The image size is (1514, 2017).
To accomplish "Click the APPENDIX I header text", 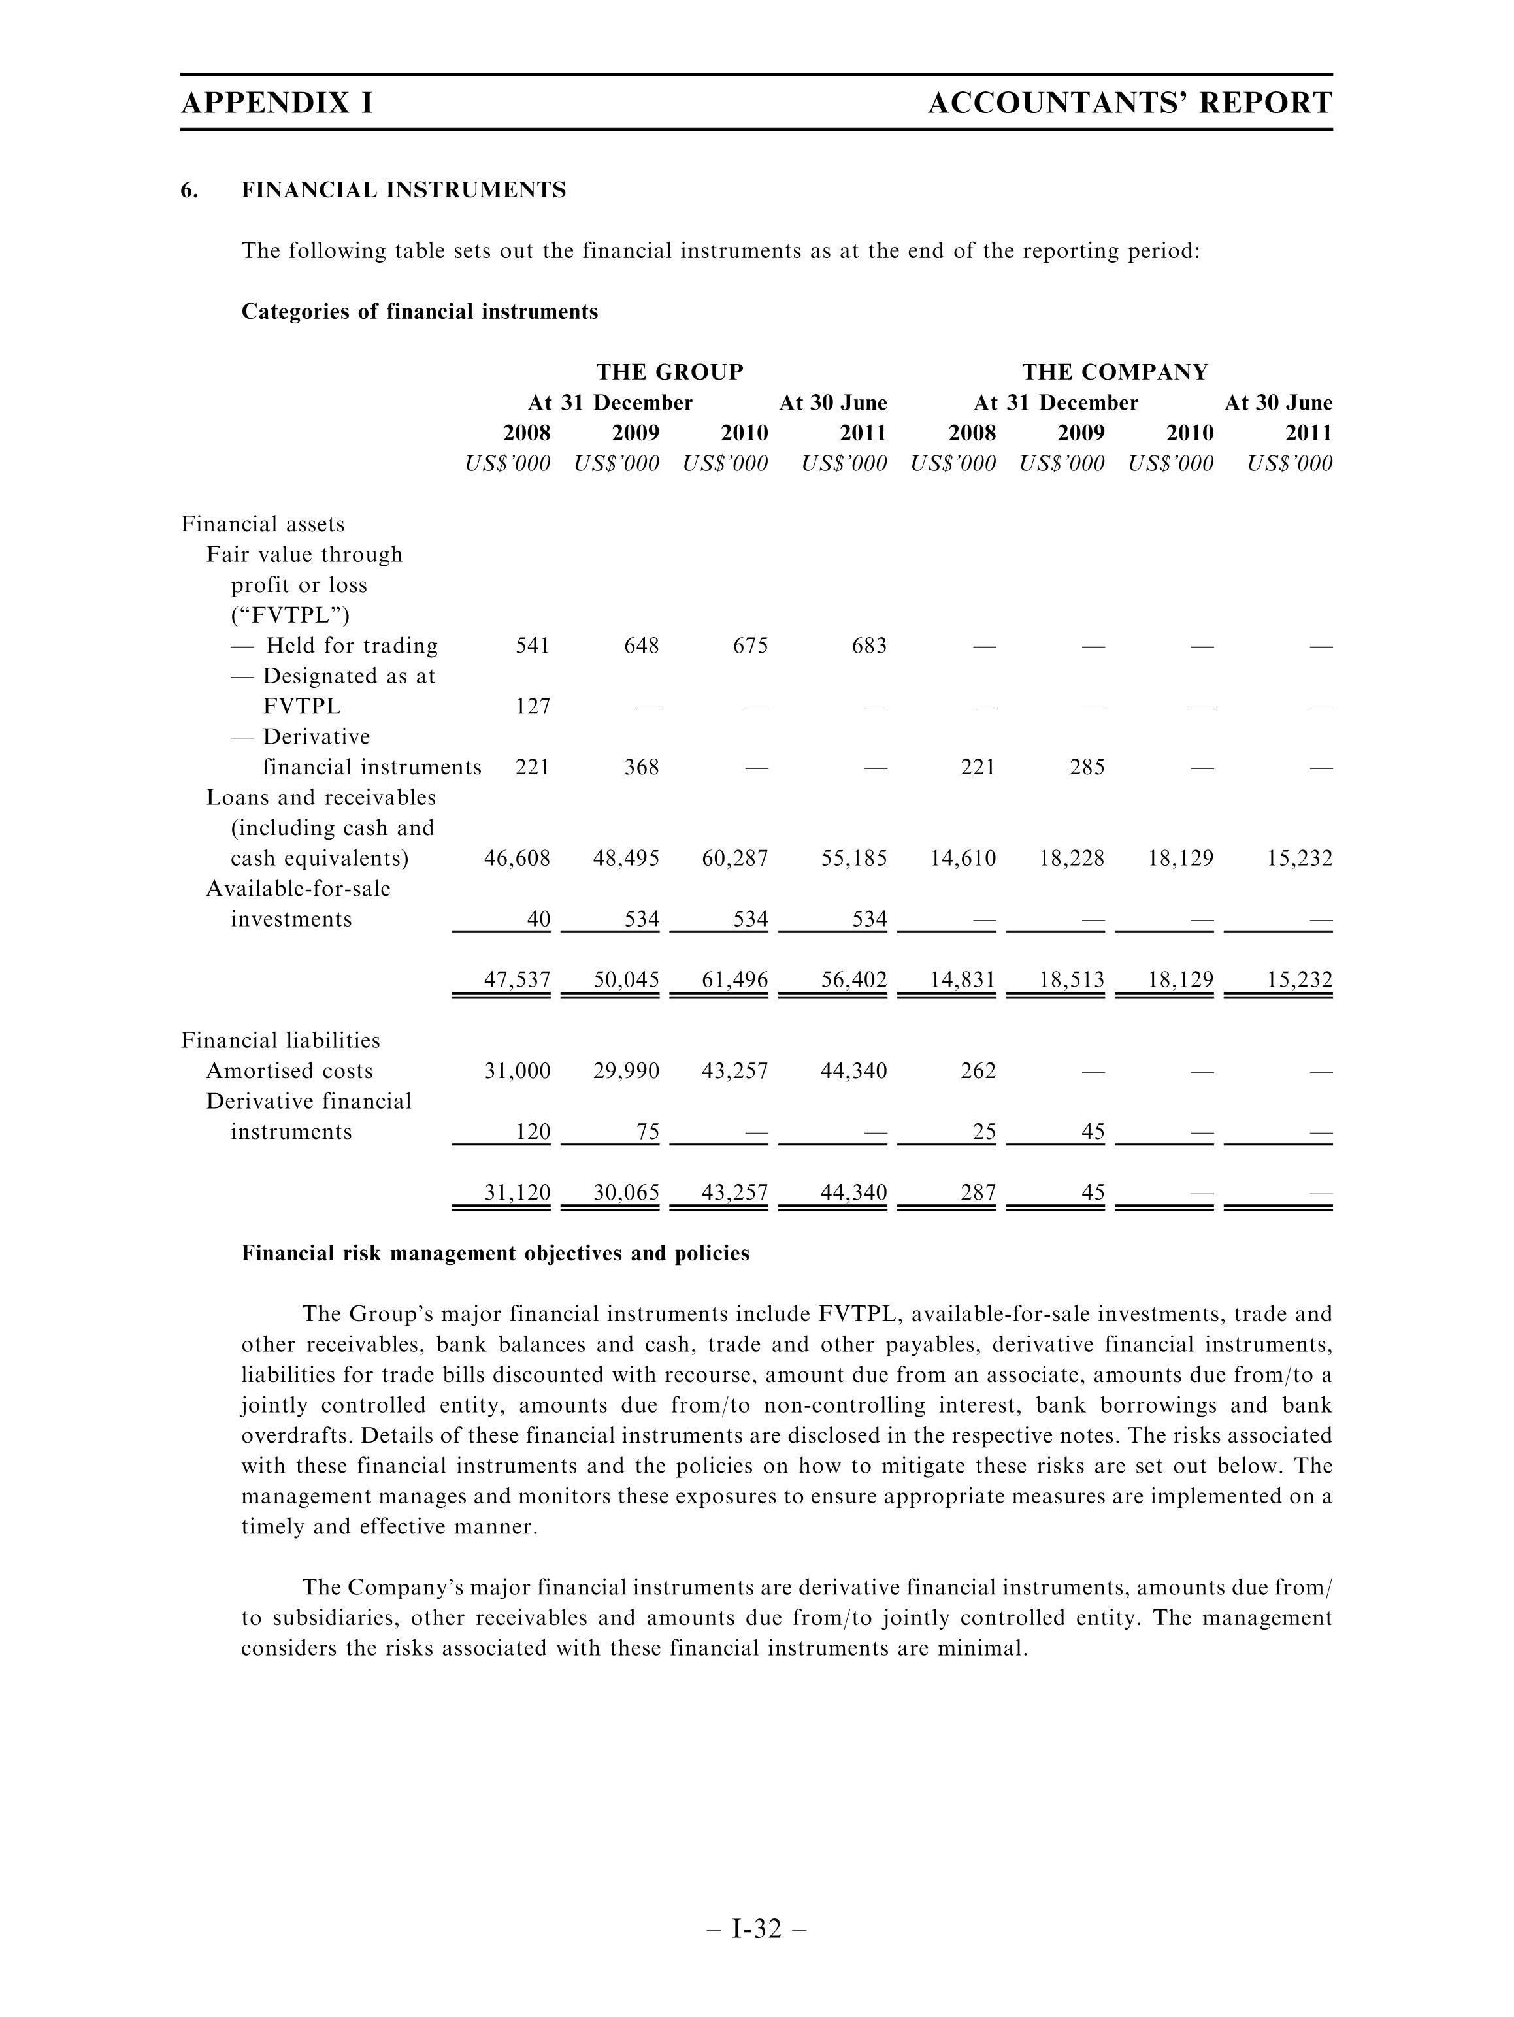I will point(276,103).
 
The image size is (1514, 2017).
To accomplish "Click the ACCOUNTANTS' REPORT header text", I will point(1129,103).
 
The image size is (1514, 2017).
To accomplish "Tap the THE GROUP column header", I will point(670,372).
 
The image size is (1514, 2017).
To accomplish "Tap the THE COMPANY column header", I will point(1115,372).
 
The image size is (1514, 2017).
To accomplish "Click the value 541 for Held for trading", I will point(533,646).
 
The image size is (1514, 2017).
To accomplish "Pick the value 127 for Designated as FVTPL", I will point(533,707).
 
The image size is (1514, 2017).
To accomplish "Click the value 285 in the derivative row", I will point(1086,767).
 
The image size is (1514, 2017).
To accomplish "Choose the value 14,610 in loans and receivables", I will point(963,858).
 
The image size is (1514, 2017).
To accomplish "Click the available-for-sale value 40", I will point(538,919).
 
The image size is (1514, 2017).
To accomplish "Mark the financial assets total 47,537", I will point(516,980).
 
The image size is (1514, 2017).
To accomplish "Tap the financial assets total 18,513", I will point(1071,980).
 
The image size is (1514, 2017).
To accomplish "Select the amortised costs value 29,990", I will point(626,1070).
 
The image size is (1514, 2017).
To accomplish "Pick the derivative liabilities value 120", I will point(533,1132).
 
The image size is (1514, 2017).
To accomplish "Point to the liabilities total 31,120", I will point(516,1192).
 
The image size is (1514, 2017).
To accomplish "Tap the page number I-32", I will point(757,1929).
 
